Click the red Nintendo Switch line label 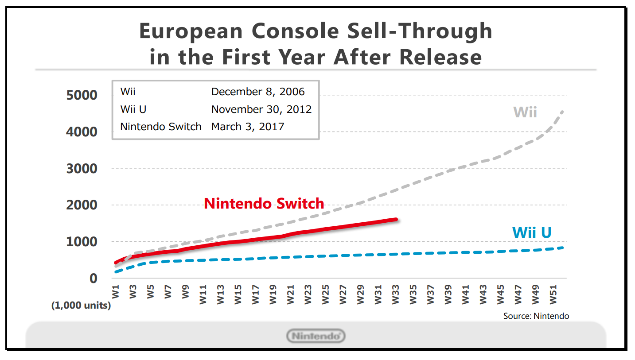264,204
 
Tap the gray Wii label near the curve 525,112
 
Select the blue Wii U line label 531,232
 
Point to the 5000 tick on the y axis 82,95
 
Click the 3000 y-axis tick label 82,169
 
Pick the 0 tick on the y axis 93,279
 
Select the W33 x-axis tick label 396,295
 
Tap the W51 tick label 553,295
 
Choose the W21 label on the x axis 291,295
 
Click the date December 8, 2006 258,92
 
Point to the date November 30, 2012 261,109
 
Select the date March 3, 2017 248,127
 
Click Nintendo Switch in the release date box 161,127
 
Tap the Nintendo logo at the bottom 316,336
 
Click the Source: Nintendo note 536,316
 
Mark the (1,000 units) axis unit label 81,306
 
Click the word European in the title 191,31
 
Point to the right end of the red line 396,219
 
